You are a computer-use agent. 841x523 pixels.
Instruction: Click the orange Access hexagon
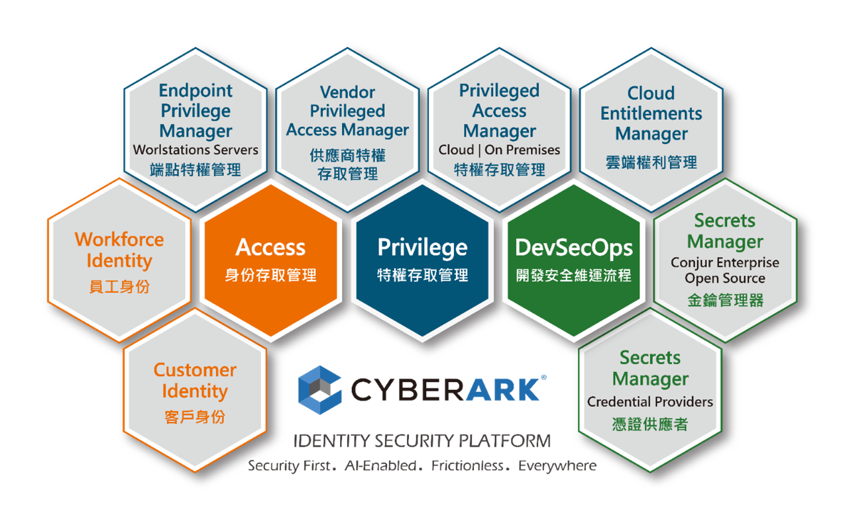click(x=270, y=260)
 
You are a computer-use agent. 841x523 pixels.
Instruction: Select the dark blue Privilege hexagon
click(x=422, y=260)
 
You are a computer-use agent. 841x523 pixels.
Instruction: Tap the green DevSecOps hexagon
click(x=574, y=260)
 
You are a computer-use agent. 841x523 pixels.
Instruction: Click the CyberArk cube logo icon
click(x=320, y=390)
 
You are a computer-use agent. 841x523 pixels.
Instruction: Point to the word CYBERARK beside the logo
click(x=445, y=389)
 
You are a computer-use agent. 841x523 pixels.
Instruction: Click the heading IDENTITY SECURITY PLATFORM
click(x=422, y=441)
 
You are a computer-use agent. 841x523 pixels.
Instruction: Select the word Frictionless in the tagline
click(x=467, y=465)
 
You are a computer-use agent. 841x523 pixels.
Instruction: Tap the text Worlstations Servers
click(x=196, y=150)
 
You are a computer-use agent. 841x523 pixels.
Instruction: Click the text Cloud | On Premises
click(x=499, y=150)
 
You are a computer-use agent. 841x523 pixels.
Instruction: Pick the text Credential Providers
click(x=650, y=402)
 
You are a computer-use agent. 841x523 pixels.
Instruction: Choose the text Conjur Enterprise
click(x=725, y=263)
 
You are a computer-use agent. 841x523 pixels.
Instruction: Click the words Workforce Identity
click(x=119, y=250)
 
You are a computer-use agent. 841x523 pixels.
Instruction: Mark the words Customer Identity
click(x=195, y=381)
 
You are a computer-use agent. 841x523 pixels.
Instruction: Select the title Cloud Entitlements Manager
click(x=651, y=113)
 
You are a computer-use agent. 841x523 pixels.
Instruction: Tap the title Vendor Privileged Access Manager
click(x=348, y=111)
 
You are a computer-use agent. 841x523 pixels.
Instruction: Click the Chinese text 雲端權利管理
click(x=651, y=162)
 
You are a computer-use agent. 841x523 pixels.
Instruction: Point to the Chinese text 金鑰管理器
click(x=726, y=300)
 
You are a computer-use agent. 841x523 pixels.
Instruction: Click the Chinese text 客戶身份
click(x=195, y=417)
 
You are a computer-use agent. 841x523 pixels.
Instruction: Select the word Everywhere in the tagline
click(x=557, y=466)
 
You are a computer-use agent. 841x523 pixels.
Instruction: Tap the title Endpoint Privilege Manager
click(x=196, y=111)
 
